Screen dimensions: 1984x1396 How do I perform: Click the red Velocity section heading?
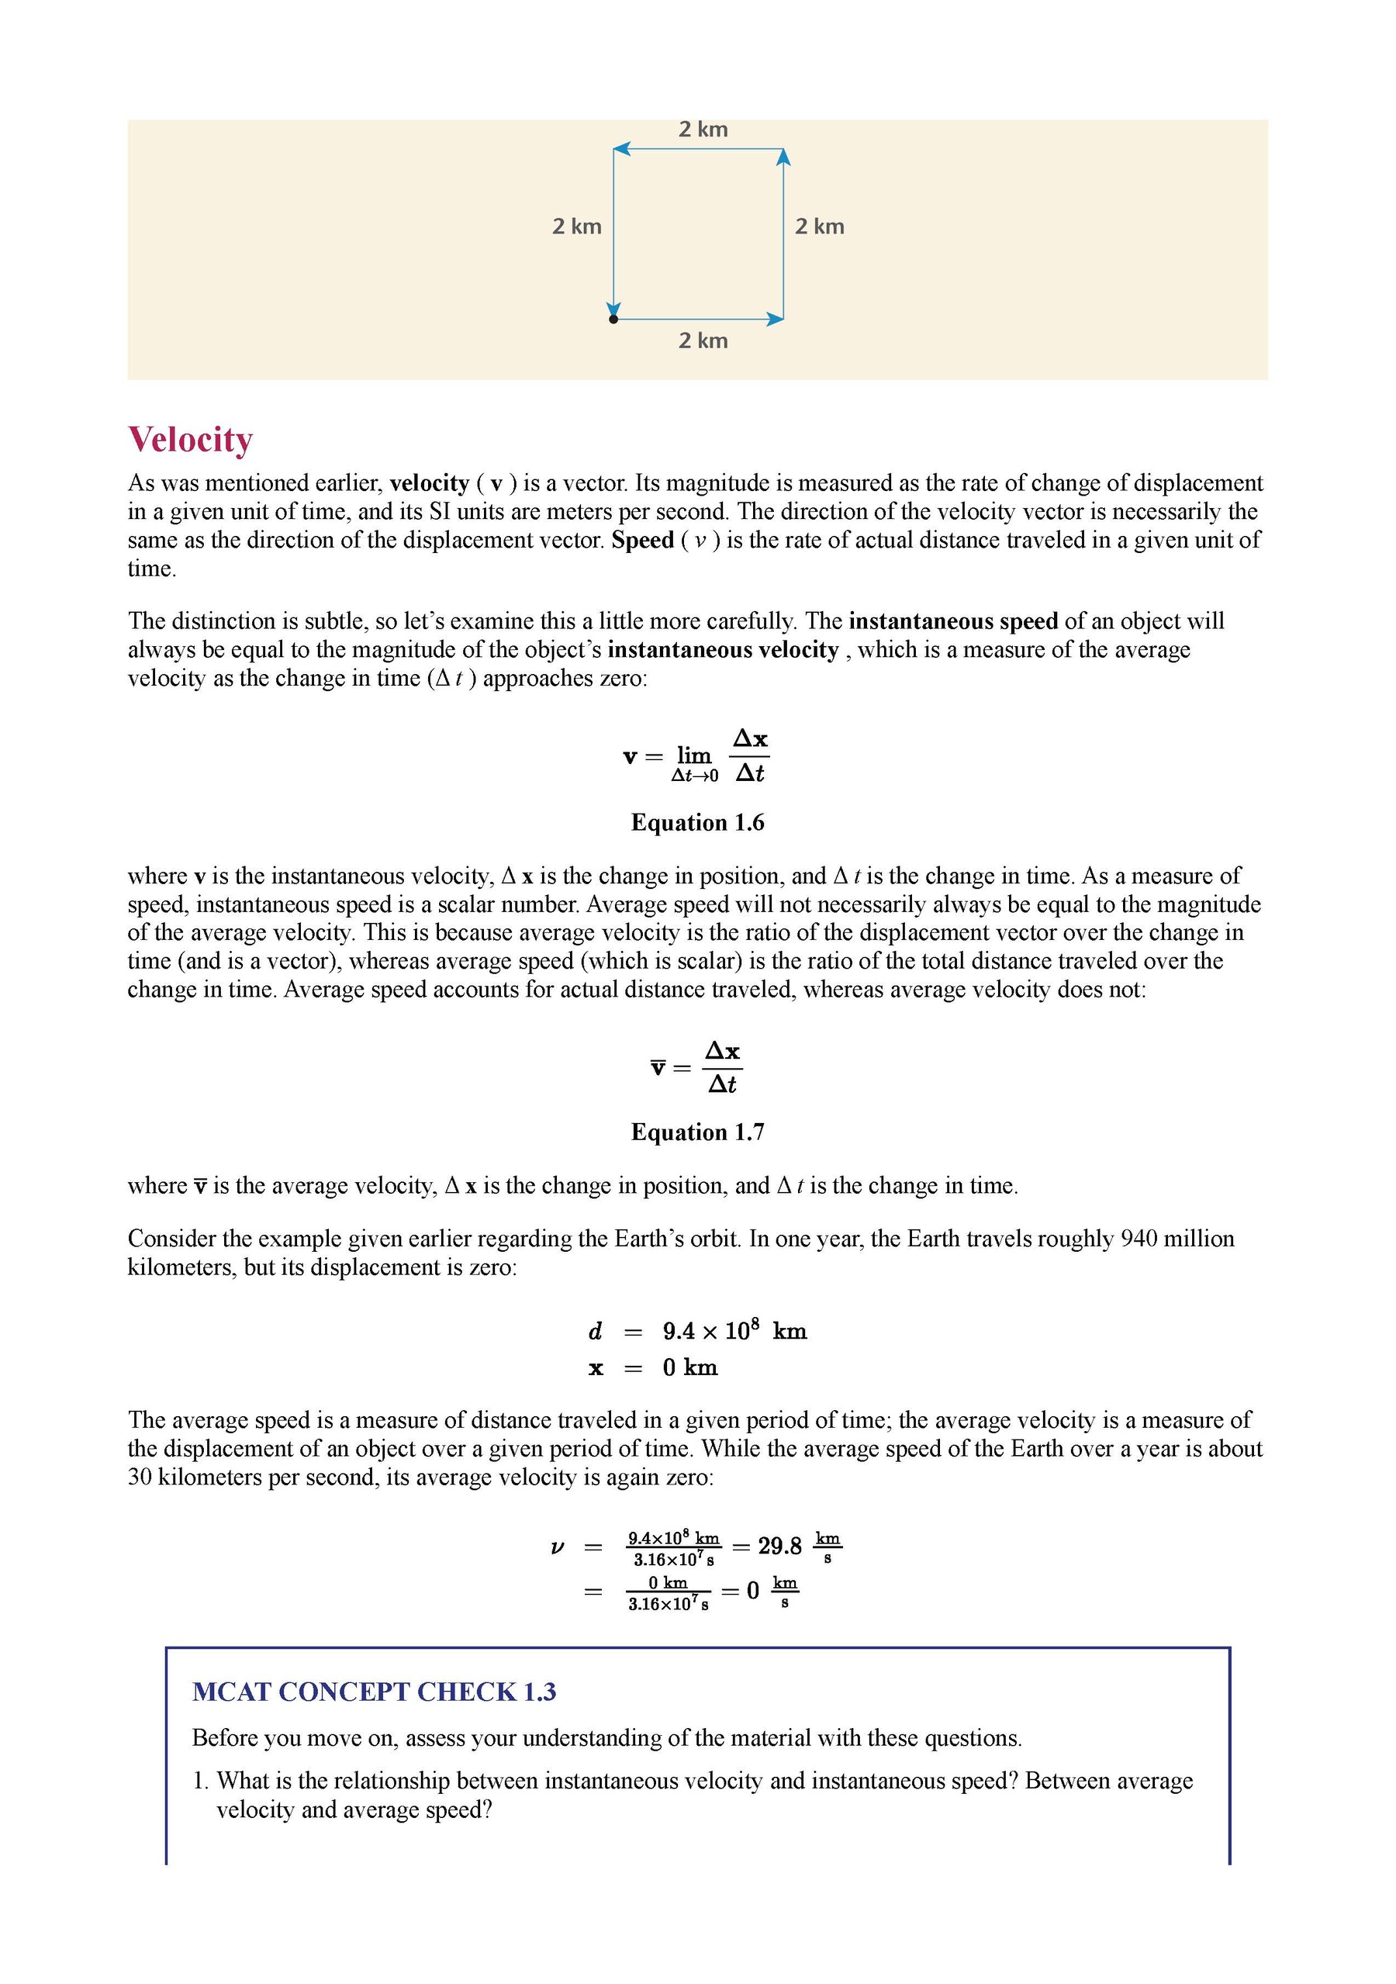[x=190, y=439]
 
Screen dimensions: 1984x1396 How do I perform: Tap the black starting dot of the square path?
[x=613, y=319]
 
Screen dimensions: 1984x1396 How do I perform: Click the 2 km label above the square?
[x=703, y=130]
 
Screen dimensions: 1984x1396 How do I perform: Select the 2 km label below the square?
[x=703, y=340]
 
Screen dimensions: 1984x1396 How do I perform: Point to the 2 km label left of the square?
[x=576, y=226]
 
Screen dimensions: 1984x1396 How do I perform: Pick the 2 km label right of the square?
[x=819, y=226]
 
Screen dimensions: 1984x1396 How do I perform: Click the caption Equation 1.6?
[x=697, y=823]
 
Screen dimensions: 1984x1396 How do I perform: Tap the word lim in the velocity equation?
[x=693, y=755]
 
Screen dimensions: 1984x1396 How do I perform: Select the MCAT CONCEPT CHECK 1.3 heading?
[x=373, y=1692]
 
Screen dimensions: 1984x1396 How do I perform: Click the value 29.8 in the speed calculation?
[x=779, y=1546]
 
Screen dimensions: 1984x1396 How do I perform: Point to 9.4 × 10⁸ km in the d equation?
[x=734, y=1332]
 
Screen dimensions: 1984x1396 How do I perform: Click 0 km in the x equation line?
[x=689, y=1368]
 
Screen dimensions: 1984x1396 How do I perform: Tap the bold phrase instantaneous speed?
[x=953, y=621]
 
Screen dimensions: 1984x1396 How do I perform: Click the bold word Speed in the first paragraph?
[x=642, y=540]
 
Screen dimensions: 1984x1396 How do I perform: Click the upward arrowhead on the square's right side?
[x=783, y=157]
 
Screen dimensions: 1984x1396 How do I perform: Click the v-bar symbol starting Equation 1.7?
[x=658, y=1068]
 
